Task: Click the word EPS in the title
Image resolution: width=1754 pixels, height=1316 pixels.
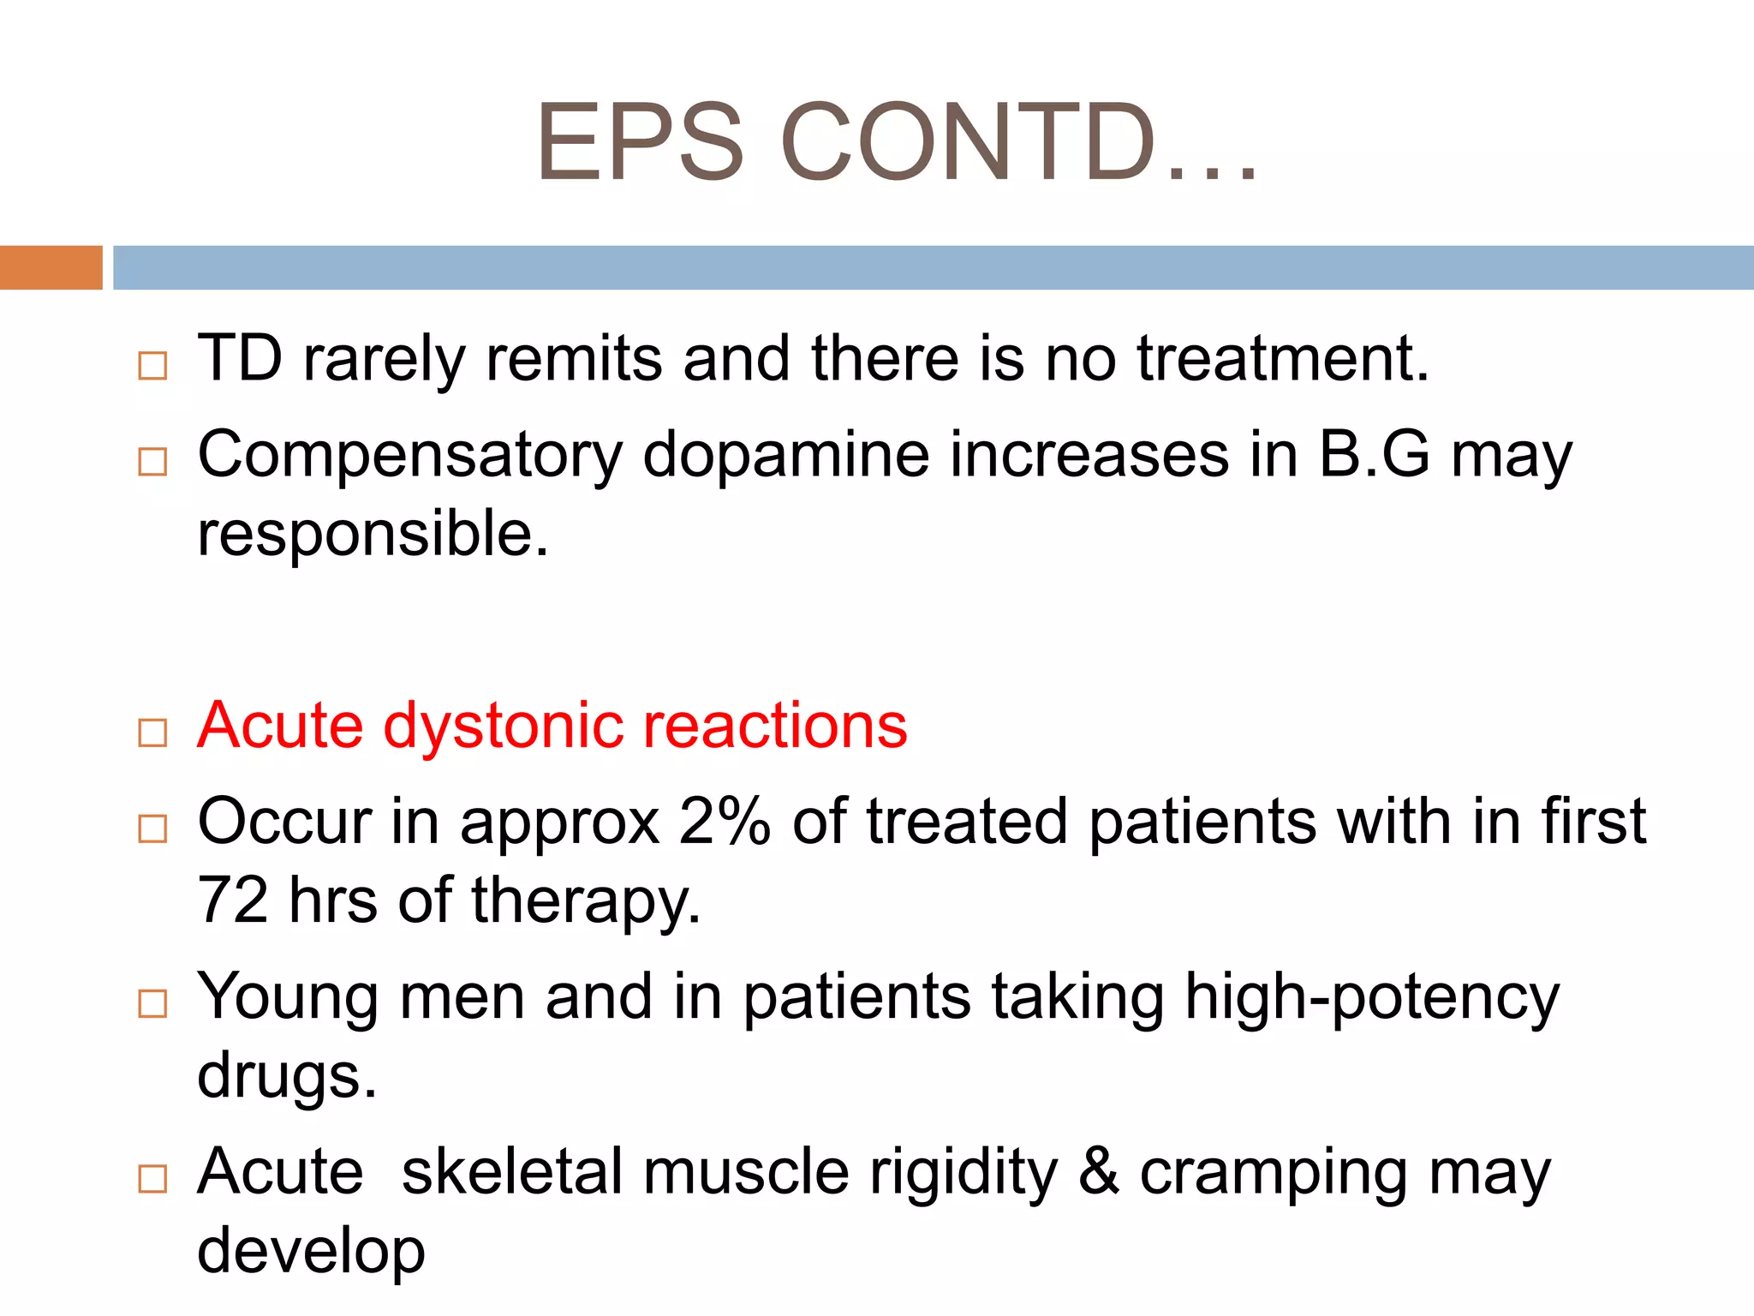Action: [640, 142]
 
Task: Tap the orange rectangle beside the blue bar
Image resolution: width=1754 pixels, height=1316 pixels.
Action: [51, 267]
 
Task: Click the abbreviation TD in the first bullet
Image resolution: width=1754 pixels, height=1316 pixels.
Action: [240, 358]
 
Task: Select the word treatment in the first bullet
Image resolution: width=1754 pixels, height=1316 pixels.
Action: [1283, 358]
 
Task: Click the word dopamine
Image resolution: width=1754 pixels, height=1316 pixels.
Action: [785, 454]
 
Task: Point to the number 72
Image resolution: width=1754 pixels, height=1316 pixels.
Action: [232, 900]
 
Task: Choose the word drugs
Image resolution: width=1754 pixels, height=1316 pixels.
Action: [287, 1077]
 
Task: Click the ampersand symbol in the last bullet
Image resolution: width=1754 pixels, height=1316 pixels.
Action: [1099, 1172]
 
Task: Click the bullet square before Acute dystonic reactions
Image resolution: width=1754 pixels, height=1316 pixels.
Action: [152, 733]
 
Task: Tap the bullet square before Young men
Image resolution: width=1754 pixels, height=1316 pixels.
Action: [152, 1003]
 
